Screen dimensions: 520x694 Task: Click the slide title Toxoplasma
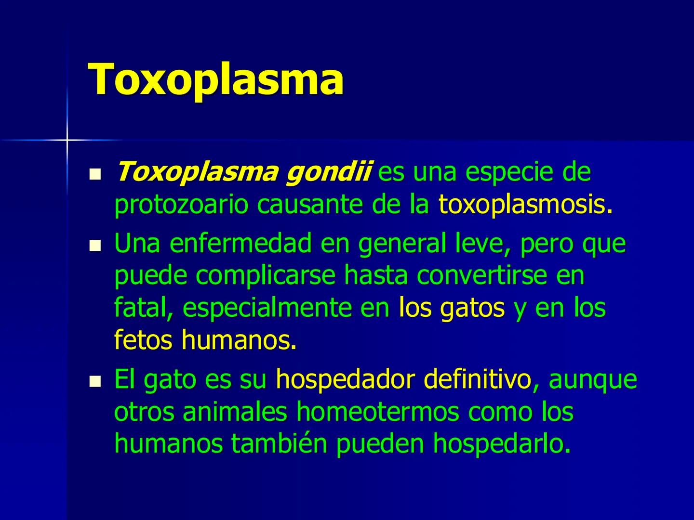pos(216,78)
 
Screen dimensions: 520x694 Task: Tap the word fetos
pos(143,340)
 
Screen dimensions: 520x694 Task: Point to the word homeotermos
pos(377,412)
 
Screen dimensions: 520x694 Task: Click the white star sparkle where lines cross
pos(67,140)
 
